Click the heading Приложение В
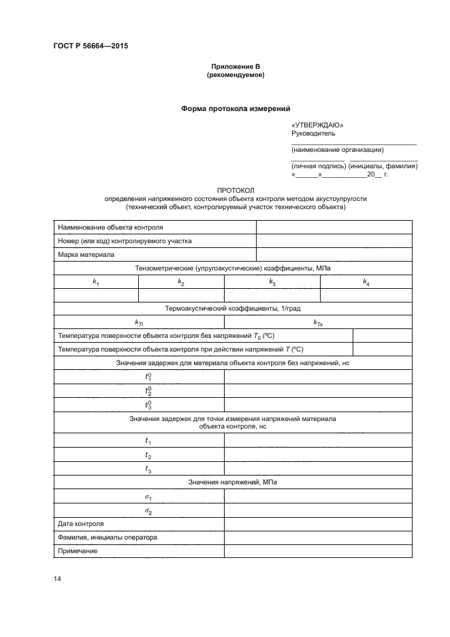point(235,66)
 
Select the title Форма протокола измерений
point(235,108)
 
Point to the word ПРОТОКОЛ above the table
point(235,190)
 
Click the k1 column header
point(96,282)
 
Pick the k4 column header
point(366,282)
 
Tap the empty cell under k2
point(181,295)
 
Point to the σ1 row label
point(148,497)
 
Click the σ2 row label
point(148,511)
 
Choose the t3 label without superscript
point(148,470)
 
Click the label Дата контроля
point(81,524)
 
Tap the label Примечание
point(78,550)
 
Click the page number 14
point(57,579)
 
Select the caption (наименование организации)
point(337,149)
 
